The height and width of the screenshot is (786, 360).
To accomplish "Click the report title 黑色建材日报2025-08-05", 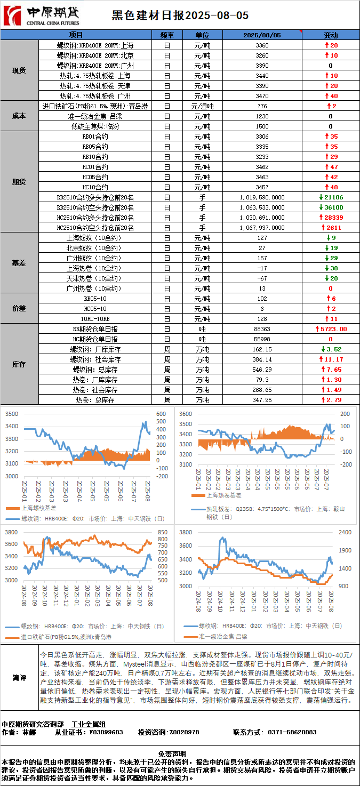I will coord(180,16).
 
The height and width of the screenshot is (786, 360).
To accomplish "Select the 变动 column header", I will coord(331,35).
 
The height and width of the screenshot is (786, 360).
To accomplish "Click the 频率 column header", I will coord(167,35).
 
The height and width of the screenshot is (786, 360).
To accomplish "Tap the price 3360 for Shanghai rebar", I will coord(262,45).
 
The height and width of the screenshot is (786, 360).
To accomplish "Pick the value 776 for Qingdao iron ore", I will coord(262,106).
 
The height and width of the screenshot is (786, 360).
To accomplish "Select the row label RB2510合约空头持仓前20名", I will coord(95,207).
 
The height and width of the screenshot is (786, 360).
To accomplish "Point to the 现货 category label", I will coord(20,70).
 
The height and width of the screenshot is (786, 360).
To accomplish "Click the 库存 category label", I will coord(20,365).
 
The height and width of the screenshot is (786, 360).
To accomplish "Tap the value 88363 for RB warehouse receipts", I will coord(262,329).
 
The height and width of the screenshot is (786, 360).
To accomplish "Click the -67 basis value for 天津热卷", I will coord(262,278).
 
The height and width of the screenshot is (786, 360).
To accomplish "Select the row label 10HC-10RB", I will coord(95,319).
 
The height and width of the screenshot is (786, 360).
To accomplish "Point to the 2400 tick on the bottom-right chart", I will coord(346,532).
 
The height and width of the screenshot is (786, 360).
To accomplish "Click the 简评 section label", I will coord(20,678).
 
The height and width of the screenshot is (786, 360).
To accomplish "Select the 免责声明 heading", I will coord(180,753).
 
